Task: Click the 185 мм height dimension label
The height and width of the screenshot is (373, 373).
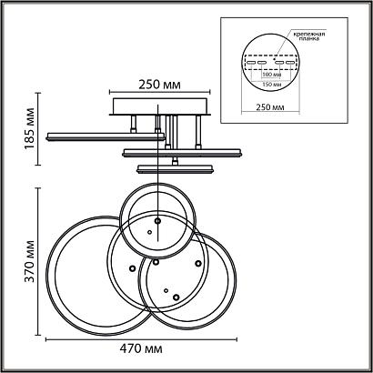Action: point(29,128)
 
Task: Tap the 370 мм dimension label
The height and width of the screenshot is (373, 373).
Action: point(29,261)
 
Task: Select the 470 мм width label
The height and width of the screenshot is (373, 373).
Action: point(141,348)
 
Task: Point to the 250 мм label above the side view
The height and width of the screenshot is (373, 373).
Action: point(160,85)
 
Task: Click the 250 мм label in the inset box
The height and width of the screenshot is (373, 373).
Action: point(270,107)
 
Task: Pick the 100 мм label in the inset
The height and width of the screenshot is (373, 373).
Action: point(271,75)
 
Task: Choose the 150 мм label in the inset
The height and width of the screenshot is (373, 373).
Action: point(271,85)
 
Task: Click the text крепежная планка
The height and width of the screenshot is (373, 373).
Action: point(309,36)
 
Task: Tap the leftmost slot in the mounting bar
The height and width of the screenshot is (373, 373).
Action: point(251,63)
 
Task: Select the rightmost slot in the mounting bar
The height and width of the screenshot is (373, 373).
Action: point(290,63)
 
